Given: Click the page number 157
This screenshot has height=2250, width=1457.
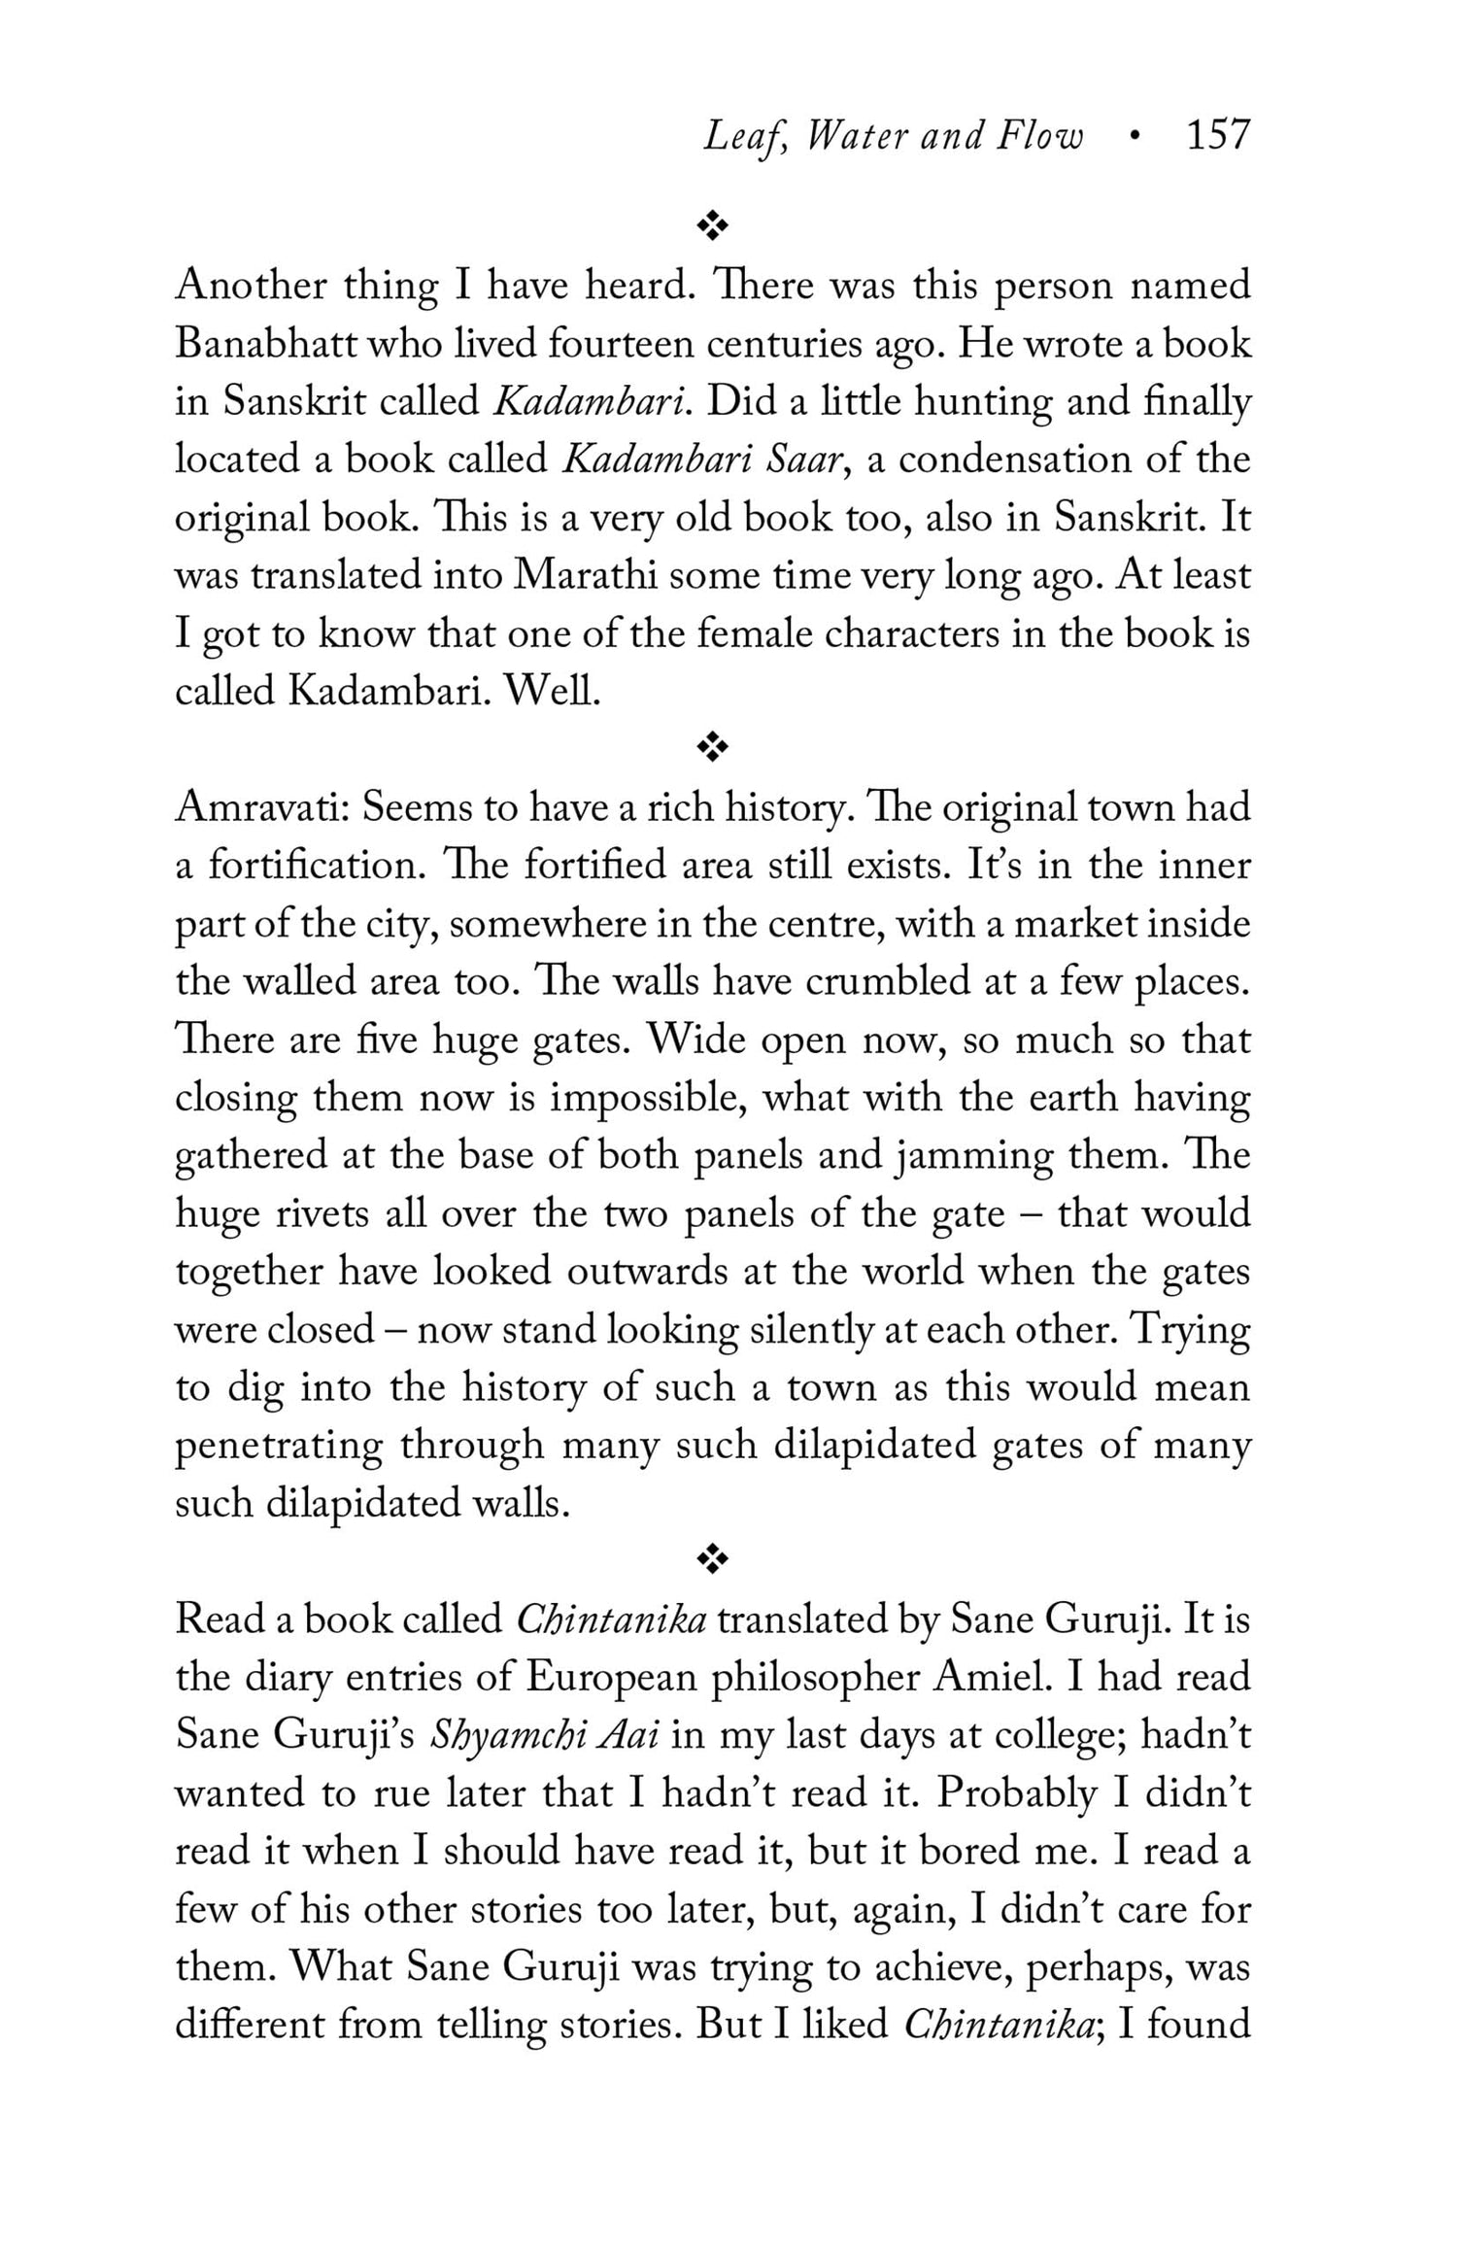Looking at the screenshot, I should click(x=1218, y=135).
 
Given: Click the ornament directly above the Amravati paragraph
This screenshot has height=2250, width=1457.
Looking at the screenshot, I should click(x=713, y=747).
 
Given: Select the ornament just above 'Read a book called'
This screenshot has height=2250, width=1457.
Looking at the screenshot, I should click(x=713, y=1560).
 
